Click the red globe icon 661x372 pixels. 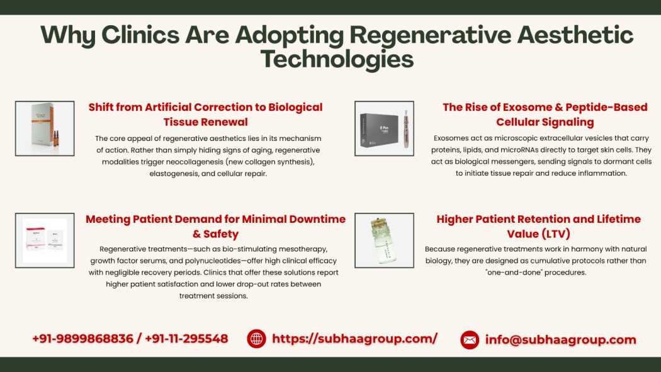pyautogui.click(x=256, y=339)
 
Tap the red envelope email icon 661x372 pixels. pyautogui.click(x=470, y=339)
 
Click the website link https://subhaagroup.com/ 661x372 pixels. pyautogui.click(x=354, y=338)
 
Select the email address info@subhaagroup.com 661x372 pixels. pyautogui.click(x=560, y=339)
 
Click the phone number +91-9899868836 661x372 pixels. pyautogui.click(x=82, y=338)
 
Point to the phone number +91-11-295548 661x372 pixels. pyautogui.click(x=186, y=338)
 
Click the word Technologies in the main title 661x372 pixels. pyautogui.click(x=337, y=59)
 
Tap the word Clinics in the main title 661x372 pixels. pyautogui.click(x=140, y=35)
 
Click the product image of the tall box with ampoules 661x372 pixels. pyautogui.click(x=45, y=128)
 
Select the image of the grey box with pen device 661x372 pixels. pyautogui.click(x=384, y=128)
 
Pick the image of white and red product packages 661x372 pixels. pyautogui.click(x=45, y=240)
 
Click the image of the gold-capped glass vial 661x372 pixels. pyautogui.click(x=384, y=240)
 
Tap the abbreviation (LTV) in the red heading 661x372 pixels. pyautogui.click(x=551, y=234)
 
